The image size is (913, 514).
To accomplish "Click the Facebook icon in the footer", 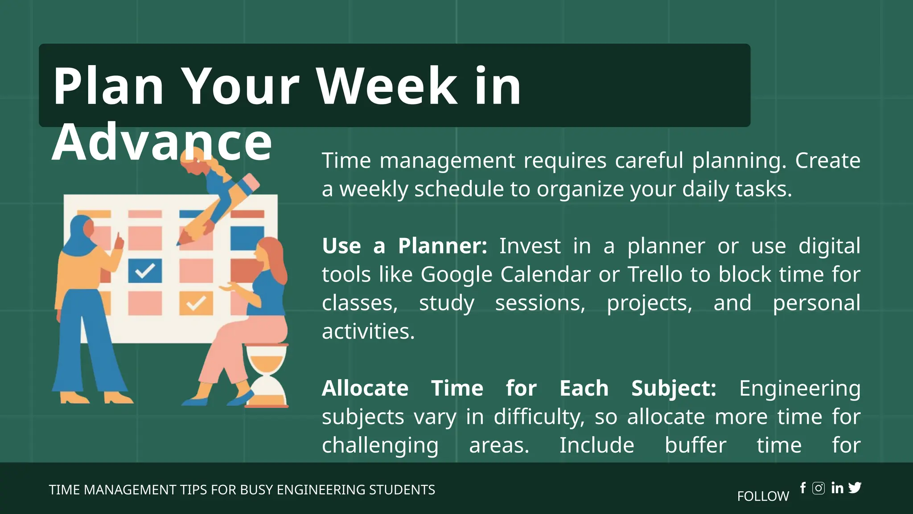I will pos(803,488).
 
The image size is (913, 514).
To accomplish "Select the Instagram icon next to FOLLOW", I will pos(818,488).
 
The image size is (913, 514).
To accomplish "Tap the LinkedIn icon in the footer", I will pos(837,488).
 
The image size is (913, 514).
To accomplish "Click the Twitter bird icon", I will pos(855,488).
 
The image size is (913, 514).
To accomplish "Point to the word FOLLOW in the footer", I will pos(763,496).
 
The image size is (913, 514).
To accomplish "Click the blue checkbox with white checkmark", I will pos(145,270).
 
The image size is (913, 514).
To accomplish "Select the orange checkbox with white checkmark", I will pos(196,303).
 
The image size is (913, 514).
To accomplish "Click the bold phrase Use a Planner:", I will pos(404,246).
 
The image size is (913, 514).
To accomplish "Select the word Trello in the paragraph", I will pos(655,274).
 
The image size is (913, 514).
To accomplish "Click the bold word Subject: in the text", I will pos(674,388).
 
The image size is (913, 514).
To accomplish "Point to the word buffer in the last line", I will pos(695,445).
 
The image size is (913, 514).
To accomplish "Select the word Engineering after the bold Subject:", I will pos(799,388).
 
